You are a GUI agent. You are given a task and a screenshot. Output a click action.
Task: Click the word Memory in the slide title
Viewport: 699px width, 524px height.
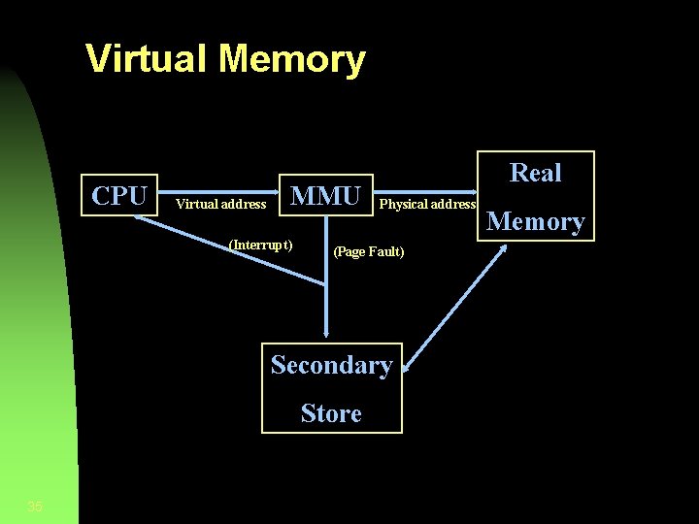pos(293,58)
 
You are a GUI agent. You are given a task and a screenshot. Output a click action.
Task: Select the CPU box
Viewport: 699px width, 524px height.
pos(119,195)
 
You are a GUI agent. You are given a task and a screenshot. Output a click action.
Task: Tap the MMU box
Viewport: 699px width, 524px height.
pos(326,195)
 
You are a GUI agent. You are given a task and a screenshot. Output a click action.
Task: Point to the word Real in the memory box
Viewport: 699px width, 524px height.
pos(536,173)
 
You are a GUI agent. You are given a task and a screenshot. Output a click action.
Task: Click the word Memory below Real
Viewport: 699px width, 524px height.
pos(536,222)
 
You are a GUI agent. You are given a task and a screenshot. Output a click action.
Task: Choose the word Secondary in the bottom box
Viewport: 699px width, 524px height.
pos(331,365)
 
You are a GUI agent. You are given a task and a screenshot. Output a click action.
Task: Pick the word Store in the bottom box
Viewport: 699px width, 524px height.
pos(331,413)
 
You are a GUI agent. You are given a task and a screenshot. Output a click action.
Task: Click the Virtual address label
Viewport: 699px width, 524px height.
pos(220,204)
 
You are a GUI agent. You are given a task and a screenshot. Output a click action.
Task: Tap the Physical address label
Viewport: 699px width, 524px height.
pos(427,204)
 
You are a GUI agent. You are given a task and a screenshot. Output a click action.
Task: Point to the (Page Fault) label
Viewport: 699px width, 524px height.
pos(369,252)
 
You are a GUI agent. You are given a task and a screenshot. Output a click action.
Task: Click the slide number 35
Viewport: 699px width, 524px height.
pos(35,506)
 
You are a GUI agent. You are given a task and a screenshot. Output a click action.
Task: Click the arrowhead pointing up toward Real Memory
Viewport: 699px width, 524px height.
pos(503,250)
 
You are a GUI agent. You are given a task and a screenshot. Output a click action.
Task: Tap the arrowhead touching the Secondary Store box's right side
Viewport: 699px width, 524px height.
pos(409,366)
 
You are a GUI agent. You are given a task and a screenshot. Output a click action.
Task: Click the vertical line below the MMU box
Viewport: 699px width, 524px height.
pos(327,281)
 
